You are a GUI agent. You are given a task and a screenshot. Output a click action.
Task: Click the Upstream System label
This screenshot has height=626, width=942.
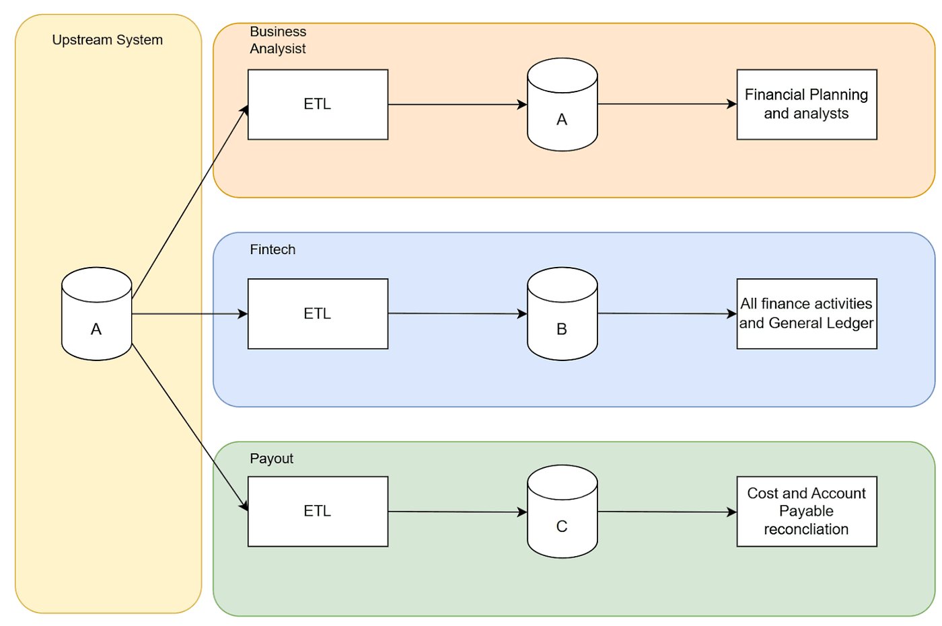click(x=107, y=40)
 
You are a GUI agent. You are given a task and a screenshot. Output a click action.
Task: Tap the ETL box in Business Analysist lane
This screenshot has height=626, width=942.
click(x=318, y=104)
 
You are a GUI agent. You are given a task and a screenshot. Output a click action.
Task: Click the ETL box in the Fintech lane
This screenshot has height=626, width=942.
click(x=318, y=313)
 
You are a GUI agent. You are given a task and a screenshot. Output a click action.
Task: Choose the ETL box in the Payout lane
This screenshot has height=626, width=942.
click(x=318, y=511)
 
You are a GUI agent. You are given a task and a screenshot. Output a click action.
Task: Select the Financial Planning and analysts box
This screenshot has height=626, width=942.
click(x=806, y=104)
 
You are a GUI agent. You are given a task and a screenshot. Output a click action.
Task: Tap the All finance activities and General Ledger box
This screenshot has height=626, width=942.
click(x=806, y=313)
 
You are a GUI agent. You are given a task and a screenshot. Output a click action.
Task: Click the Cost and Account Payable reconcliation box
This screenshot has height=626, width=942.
click(x=806, y=511)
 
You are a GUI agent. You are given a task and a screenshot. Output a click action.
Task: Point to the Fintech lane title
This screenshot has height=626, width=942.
click(x=273, y=249)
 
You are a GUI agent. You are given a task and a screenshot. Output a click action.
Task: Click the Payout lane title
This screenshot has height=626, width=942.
click(x=271, y=459)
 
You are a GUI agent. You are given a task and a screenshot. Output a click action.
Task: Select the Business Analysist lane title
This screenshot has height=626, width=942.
click(x=277, y=40)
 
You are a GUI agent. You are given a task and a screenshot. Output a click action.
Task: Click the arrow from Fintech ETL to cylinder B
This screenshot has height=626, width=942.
click(x=458, y=313)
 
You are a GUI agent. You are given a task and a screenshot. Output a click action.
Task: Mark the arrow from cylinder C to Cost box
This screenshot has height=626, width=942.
click(x=666, y=512)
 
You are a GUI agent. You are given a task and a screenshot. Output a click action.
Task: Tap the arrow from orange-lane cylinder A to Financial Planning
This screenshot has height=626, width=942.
click(x=666, y=104)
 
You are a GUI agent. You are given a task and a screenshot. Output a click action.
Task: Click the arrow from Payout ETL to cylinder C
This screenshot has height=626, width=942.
click(x=458, y=512)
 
